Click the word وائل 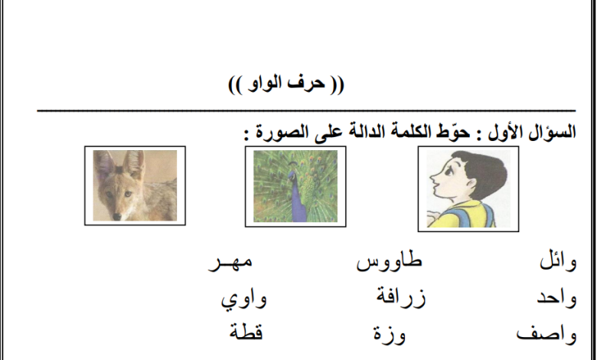point(558,262)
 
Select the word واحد point(556,298)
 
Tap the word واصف point(546,335)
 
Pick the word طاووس point(389,262)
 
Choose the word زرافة point(401,296)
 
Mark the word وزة point(389,334)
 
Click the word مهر point(230,263)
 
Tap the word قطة point(246,331)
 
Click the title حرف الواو point(286,83)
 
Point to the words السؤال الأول point(532,132)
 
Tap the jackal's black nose point(117,216)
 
